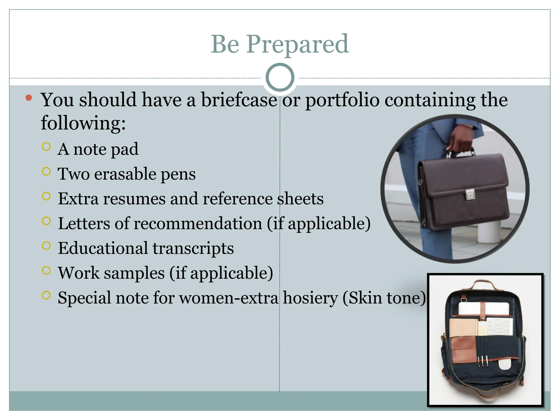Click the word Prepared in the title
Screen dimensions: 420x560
click(x=297, y=44)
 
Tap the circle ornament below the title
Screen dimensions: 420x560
click(x=280, y=77)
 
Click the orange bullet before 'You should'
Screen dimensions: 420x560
click(x=29, y=98)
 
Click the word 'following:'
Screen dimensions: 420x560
click(x=83, y=123)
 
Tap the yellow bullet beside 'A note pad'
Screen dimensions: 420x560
click(x=46, y=147)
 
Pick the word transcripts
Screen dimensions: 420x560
click(x=193, y=249)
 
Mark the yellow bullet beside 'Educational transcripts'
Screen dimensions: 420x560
click(x=46, y=246)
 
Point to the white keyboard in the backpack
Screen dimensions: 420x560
click(x=499, y=326)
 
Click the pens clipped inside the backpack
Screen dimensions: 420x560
click(x=483, y=361)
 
